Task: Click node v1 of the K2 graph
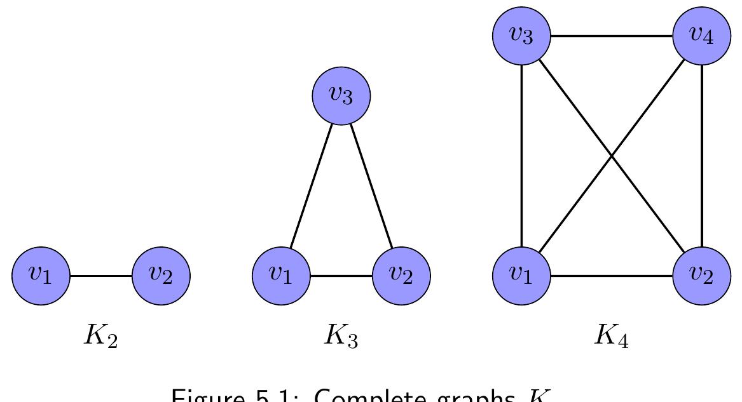[x=41, y=276]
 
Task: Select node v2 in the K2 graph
[x=161, y=276]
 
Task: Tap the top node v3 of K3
[x=341, y=97]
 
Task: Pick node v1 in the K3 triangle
[x=281, y=276]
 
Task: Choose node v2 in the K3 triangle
[x=401, y=276]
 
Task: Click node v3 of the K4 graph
[x=521, y=36]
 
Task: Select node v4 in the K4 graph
[x=701, y=36]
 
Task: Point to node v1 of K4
[x=521, y=276]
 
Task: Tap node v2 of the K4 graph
[x=701, y=276]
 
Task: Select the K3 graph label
[x=341, y=336]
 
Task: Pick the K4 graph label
[x=612, y=336]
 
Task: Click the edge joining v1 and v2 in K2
[x=100, y=276]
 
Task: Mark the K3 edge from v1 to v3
[x=312, y=186]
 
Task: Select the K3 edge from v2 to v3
[x=371, y=186]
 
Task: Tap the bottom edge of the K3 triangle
[x=341, y=276]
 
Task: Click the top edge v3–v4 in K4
[x=612, y=36]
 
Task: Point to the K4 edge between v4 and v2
[x=701, y=156]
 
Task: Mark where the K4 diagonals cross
[x=612, y=156]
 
